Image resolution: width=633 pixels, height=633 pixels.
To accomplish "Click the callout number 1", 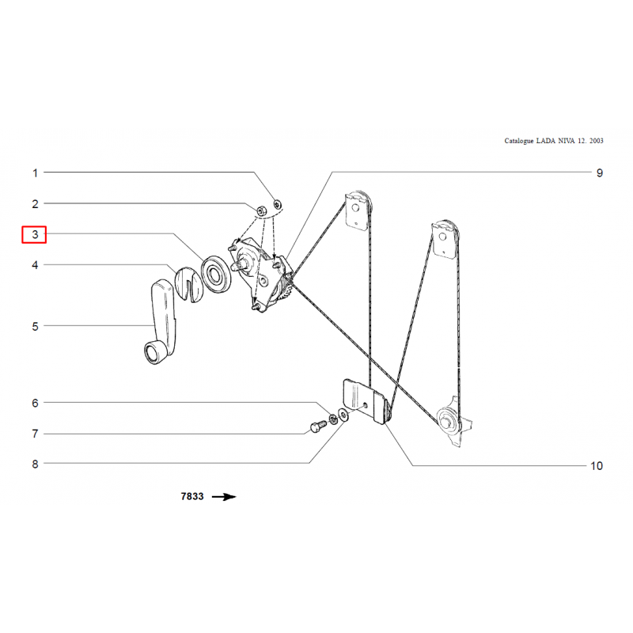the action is click(35, 173).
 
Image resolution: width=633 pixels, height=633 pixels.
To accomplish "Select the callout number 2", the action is click(35, 204).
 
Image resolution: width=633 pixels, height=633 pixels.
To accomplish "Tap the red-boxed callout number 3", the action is click(35, 234).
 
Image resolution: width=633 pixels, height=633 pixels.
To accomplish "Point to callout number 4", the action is click(35, 265).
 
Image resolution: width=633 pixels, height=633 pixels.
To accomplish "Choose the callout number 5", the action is click(35, 326).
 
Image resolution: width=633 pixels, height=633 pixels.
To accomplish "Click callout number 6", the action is click(35, 403).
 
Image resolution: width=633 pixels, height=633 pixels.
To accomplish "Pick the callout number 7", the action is click(35, 434).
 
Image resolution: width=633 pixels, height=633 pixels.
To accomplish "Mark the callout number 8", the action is click(35, 464).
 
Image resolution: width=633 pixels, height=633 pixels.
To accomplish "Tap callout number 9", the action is click(600, 173).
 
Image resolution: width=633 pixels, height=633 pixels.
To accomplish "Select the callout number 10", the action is click(597, 466).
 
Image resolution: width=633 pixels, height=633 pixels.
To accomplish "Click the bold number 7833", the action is click(192, 496).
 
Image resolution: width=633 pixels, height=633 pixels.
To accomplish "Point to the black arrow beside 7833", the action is click(224, 497).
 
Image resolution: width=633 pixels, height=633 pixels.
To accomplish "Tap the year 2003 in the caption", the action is click(597, 141).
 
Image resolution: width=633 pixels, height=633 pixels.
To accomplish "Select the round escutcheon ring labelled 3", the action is click(215, 275).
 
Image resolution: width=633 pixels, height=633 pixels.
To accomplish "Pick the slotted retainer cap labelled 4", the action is click(188, 284).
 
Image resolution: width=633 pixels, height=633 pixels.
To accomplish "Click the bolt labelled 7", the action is click(318, 426).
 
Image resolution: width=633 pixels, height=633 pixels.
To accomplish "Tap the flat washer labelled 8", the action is click(343, 415).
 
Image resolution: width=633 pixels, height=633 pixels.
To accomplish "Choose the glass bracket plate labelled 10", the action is click(365, 401).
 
